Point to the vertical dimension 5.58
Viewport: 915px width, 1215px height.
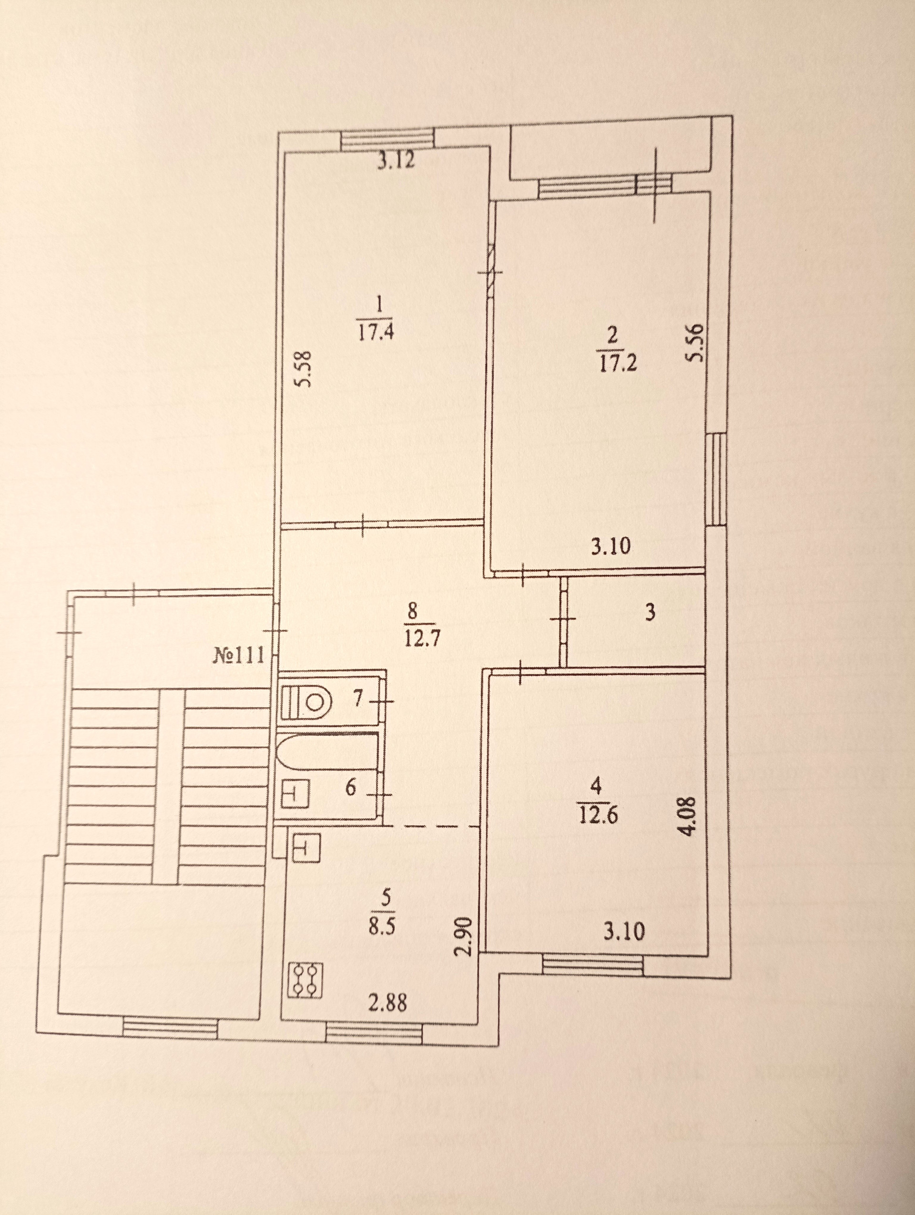click(x=304, y=369)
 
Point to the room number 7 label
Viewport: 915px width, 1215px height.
click(x=357, y=699)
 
